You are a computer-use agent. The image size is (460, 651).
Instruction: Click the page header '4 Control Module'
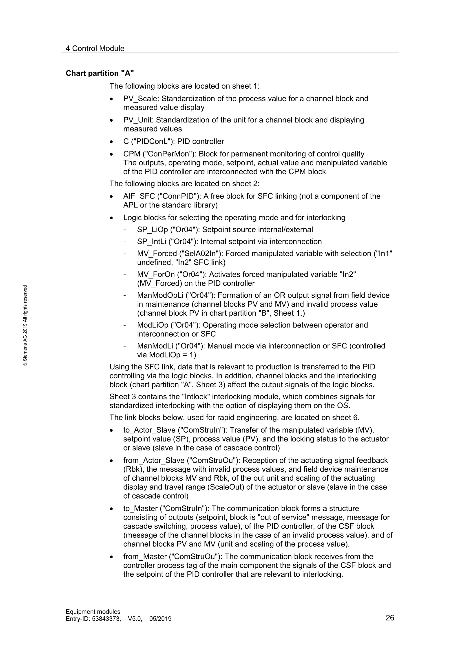click(95, 49)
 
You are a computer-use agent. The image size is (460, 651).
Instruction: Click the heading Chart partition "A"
click(100, 74)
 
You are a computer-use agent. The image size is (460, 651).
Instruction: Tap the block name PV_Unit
click(138, 120)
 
